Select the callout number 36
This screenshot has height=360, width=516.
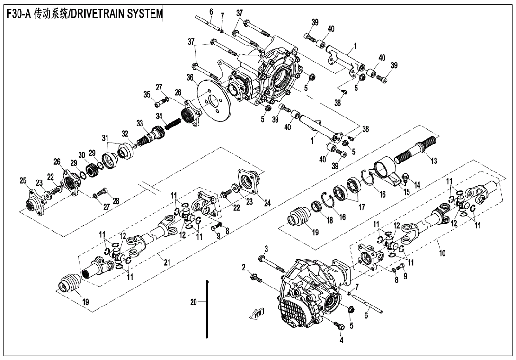[x=190, y=77]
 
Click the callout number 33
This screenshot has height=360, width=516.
[x=140, y=123]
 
